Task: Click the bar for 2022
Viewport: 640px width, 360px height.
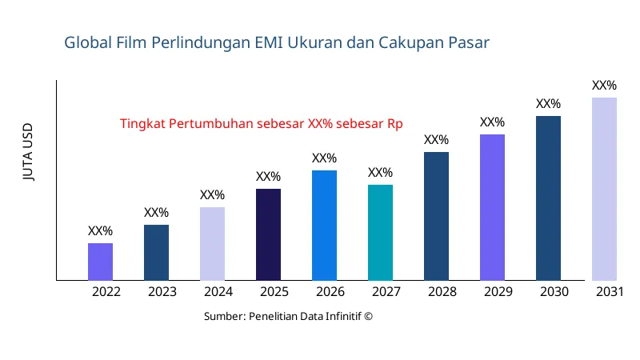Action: (x=100, y=262)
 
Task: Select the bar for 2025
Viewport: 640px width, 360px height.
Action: (x=268, y=234)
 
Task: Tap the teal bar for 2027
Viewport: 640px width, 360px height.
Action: (x=380, y=233)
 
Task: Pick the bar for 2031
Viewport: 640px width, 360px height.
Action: (x=604, y=189)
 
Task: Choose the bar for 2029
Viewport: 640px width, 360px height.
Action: (x=492, y=207)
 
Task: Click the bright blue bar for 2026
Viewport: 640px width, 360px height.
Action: (x=324, y=226)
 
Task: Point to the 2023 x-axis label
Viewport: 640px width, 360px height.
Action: (x=162, y=292)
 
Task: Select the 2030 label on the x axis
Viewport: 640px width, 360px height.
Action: (x=554, y=292)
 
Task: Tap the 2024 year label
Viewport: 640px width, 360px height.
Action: (x=218, y=292)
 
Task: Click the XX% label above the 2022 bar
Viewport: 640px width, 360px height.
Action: (x=100, y=231)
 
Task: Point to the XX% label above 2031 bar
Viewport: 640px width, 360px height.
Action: (x=604, y=86)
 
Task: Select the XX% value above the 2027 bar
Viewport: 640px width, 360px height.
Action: (x=380, y=173)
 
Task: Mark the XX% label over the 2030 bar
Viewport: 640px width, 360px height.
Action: (x=548, y=104)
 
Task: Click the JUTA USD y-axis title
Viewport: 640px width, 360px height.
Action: (x=29, y=152)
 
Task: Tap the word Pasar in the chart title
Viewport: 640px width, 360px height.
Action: (x=469, y=42)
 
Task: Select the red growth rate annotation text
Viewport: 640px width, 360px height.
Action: (x=261, y=124)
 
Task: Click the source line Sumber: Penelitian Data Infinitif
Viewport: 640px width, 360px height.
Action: (x=288, y=316)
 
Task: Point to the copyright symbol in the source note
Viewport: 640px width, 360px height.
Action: (x=368, y=316)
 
